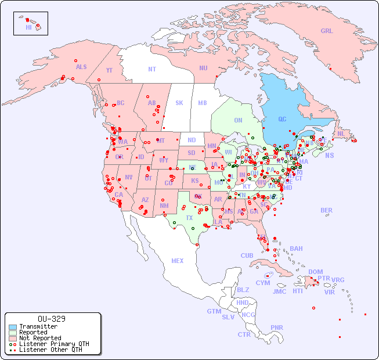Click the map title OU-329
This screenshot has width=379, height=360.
pyautogui.click(x=51, y=319)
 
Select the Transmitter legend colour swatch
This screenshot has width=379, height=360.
pyautogui.click(x=13, y=327)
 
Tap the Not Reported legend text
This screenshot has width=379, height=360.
pyautogui.click(x=39, y=338)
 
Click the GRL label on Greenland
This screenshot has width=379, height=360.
pyautogui.click(x=327, y=31)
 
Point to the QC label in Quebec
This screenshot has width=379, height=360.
pyautogui.click(x=282, y=120)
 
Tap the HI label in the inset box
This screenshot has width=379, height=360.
pyautogui.click(x=29, y=27)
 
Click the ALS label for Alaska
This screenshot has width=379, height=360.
pyautogui.click(x=81, y=67)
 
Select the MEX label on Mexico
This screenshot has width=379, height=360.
pyautogui.click(x=178, y=261)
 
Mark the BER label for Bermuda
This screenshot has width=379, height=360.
pyautogui.click(x=326, y=210)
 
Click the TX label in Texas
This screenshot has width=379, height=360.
pyautogui.click(x=189, y=218)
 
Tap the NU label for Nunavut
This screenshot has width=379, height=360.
pyautogui.click(x=203, y=68)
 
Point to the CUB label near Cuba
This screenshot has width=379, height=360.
pyautogui.click(x=247, y=255)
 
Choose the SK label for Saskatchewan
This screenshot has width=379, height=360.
pyautogui.click(x=179, y=103)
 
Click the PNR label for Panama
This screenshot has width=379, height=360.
pyautogui.click(x=277, y=327)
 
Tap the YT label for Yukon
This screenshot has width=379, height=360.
pyautogui.click(x=109, y=70)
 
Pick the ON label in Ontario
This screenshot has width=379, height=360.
pyautogui.click(x=238, y=120)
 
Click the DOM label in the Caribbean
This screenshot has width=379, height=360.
pyautogui.click(x=315, y=272)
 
